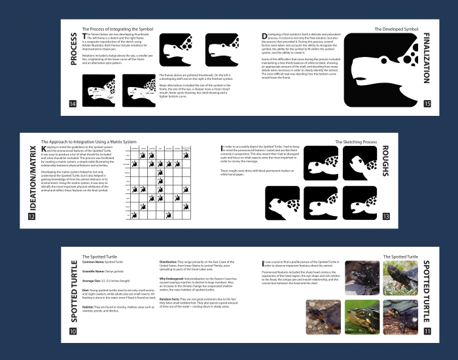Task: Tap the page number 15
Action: (427, 103)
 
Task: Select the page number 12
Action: (32, 217)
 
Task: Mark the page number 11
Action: (427, 331)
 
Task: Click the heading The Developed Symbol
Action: (395, 29)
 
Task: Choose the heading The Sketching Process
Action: (356, 141)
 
